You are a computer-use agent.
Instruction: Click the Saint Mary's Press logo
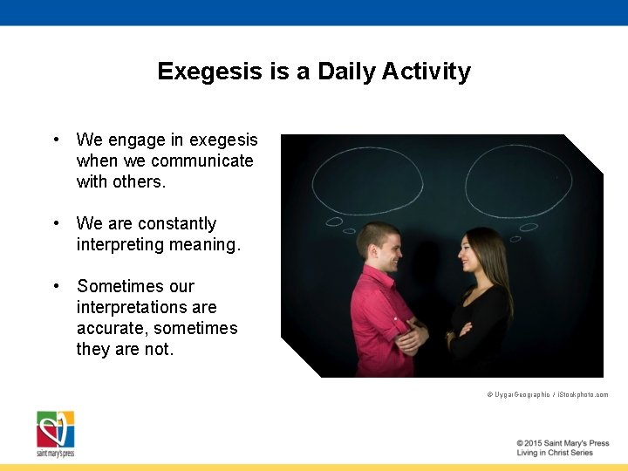(55, 433)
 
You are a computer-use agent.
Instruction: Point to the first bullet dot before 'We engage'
(56, 140)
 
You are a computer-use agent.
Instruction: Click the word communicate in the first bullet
(201, 160)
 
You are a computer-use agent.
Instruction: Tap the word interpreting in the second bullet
(120, 244)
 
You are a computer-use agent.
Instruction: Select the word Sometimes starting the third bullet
(135, 286)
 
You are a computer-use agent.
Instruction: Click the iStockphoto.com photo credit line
(547, 395)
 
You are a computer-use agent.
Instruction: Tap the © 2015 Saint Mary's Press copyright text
(562, 443)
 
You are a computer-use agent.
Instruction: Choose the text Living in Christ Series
(554, 453)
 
